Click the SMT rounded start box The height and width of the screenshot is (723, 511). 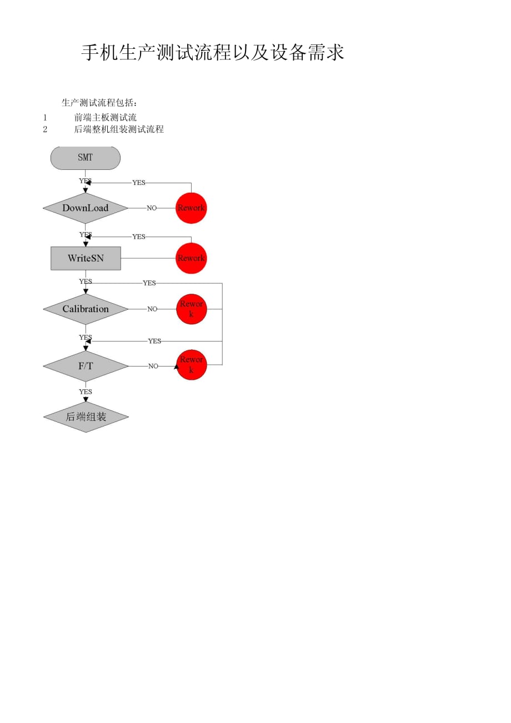click(x=85, y=158)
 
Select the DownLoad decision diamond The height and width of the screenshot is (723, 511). click(x=85, y=208)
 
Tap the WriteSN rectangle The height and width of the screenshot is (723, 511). click(x=86, y=258)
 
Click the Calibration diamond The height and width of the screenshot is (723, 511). click(x=86, y=309)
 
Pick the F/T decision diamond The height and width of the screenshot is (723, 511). click(x=86, y=366)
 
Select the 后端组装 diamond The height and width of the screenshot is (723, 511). click(x=86, y=416)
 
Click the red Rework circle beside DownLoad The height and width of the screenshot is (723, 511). click(x=191, y=208)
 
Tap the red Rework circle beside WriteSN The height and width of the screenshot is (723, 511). click(x=191, y=258)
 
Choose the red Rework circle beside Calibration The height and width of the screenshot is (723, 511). click(x=192, y=309)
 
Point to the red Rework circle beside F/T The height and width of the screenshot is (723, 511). click(x=192, y=365)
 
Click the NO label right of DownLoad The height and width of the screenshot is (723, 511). click(x=152, y=208)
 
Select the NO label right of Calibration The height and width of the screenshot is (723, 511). click(x=152, y=309)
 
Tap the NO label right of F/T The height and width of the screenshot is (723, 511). click(x=153, y=366)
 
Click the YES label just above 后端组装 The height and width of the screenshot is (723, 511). click(x=86, y=392)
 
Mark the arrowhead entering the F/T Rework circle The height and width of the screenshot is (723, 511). click(x=177, y=366)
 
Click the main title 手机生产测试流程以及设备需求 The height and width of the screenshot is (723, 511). click(x=213, y=53)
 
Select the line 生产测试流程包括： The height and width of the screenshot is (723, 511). click(x=99, y=103)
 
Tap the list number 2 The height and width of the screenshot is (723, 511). click(x=45, y=129)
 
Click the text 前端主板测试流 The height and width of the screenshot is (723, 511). click(x=106, y=118)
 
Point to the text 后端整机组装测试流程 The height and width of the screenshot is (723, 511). click(x=119, y=129)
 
